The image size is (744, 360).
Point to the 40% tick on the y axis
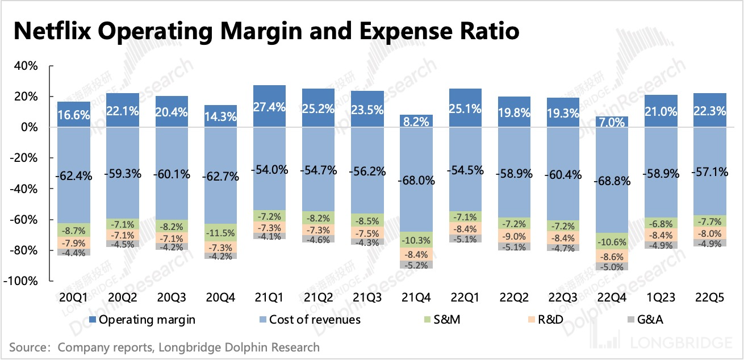26,66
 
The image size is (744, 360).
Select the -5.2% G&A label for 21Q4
419,265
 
